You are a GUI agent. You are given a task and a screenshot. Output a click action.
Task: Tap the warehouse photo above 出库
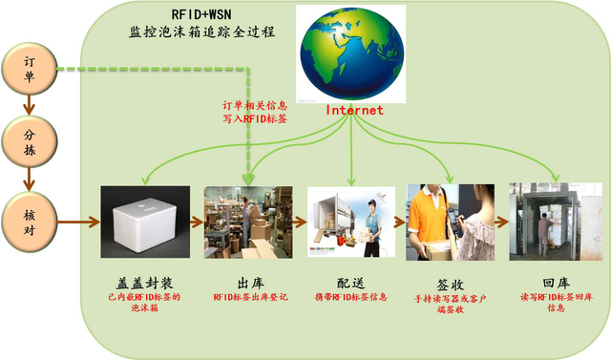click(247, 222)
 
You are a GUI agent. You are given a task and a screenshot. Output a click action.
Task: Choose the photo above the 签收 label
click(446, 222)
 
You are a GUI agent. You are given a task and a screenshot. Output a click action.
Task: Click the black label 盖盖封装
click(142, 282)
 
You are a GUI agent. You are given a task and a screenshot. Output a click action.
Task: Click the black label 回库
click(543, 284)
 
